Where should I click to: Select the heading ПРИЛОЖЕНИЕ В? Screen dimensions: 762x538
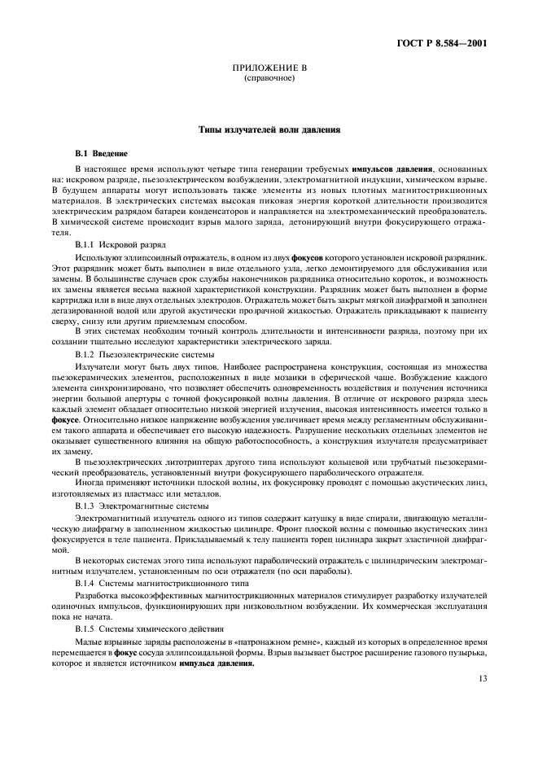(269, 71)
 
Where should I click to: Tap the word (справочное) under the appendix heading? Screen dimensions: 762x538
(269, 80)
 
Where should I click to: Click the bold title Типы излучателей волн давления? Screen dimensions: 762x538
(269, 129)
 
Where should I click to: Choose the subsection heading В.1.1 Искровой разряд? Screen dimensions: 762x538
(120, 243)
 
